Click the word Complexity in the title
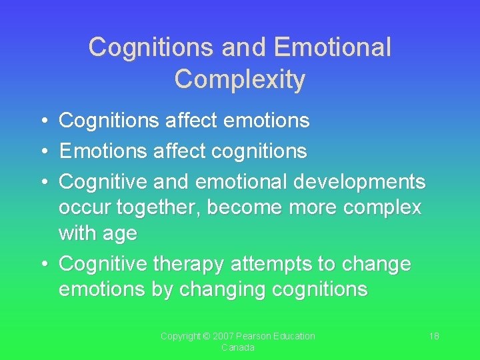[240, 79]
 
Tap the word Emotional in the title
[333, 47]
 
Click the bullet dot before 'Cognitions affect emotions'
[42, 121]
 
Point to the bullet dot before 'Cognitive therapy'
[42, 265]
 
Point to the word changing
[218, 289]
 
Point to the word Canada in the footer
[238, 348]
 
